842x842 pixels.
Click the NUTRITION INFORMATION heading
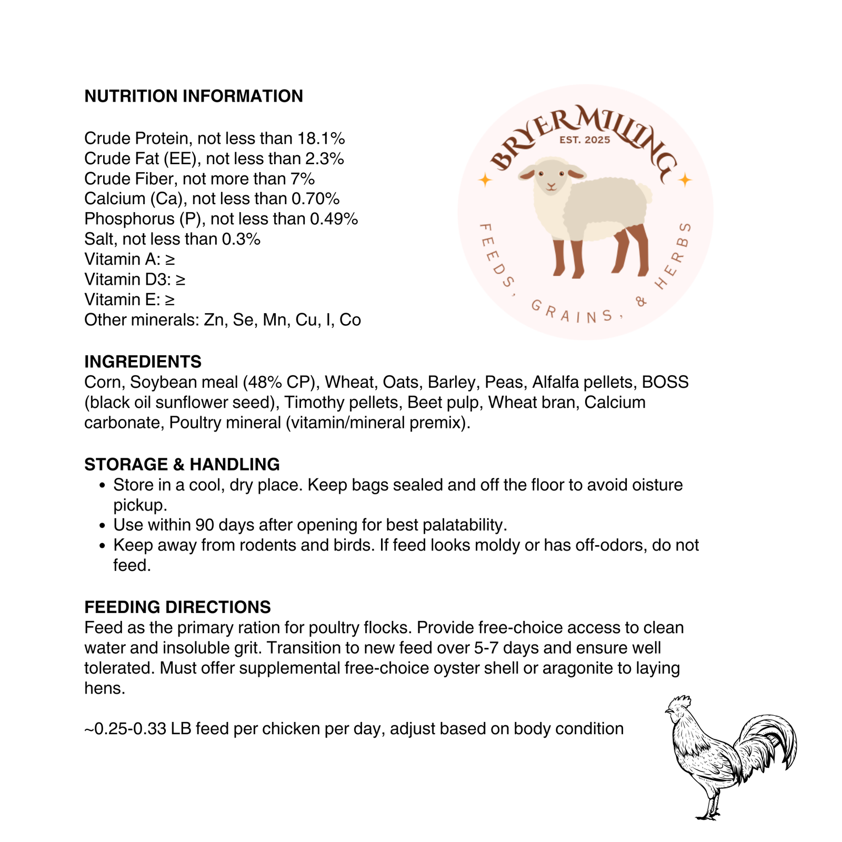[x=194, y=96]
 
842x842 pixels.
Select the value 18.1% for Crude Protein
[x=321, y=138]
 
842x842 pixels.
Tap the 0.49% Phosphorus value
[x=334, y=219]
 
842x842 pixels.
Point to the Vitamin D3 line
[x=135, y=279]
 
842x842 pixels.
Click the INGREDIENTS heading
[x=143, y=362]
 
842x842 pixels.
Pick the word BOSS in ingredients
[x=665, y=382]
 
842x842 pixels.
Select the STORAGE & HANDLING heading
[x=182, y=465]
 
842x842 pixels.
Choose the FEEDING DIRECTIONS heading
[x=177, y=607]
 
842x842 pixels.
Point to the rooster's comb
[x=679, y=701]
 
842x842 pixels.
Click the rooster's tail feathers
[x=774, y=737]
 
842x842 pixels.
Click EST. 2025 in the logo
[x=585, y=140]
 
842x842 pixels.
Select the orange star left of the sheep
[x=485, y=181]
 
